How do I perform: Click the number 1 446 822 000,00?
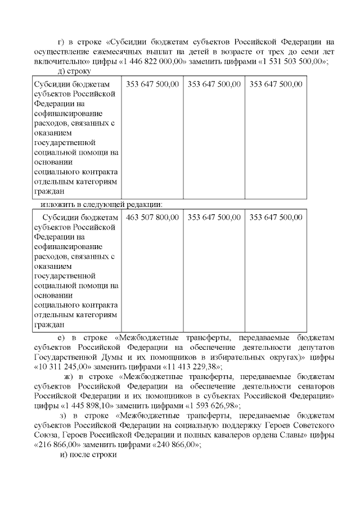click(154, 61)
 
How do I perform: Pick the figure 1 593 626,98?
click(208, 405)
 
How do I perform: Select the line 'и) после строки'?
click(88, 454)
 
